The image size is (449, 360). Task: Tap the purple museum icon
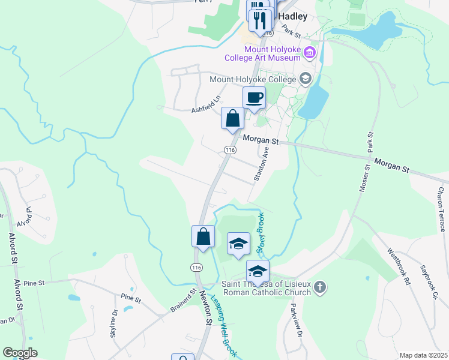[310, 53]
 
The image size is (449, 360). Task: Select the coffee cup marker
[254, 98]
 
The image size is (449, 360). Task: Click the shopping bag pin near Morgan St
[232, 118]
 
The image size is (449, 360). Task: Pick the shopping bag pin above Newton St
[203, 235]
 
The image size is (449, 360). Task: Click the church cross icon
[320, 287]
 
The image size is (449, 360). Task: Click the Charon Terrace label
[441, 209]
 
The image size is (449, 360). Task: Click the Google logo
[20, 353]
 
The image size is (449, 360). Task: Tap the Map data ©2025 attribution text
[423, 355]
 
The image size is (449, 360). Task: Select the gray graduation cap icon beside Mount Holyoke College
[305, 79]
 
